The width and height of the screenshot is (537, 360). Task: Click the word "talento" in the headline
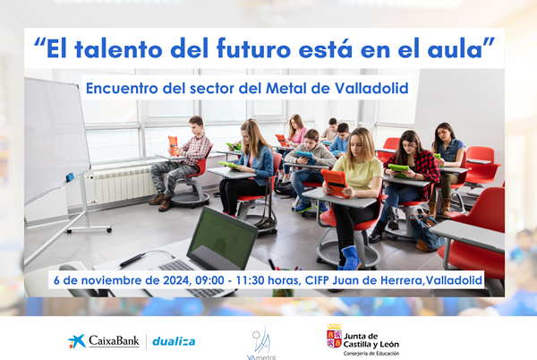coord(118,48)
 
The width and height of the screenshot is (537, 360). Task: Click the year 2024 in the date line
coord(176,280)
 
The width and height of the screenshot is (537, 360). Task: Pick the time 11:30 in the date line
coord(251,280)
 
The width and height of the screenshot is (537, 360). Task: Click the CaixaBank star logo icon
coord(77,341)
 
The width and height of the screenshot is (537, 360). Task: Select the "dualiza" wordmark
coord(174,341)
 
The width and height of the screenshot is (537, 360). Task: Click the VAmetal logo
coord(261,342)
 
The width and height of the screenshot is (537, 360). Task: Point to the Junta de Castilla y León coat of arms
coord(334,336)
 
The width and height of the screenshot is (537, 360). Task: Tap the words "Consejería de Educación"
coord(371,353)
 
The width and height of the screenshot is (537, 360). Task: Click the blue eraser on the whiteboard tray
coord(70,177)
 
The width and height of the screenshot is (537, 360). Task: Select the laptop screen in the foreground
coord(223,238)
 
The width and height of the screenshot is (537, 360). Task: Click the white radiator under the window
coord(123,184)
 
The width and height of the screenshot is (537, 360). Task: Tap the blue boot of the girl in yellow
coord(350,258)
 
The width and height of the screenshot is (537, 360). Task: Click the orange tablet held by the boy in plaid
coord(173,145)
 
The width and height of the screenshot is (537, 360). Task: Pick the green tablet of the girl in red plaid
coord(398,169)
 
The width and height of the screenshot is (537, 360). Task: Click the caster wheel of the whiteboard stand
coord(109,229)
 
